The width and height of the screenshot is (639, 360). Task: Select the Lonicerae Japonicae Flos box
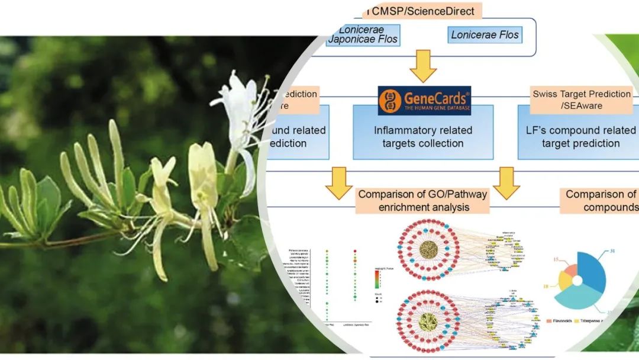point(362,35)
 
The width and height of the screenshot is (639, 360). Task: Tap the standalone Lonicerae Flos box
point(485,35)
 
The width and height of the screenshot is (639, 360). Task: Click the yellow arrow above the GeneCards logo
point(423,66)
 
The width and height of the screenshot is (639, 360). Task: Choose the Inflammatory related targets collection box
point(422,136)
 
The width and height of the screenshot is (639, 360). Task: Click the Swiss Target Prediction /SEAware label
point(581,99)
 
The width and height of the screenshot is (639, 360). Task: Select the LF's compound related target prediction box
point(580,137)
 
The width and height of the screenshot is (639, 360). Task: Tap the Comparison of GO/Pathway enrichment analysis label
point(422,200)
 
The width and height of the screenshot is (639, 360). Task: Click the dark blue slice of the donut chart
point(592,269)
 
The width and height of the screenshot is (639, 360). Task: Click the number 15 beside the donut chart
point(556,259)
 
